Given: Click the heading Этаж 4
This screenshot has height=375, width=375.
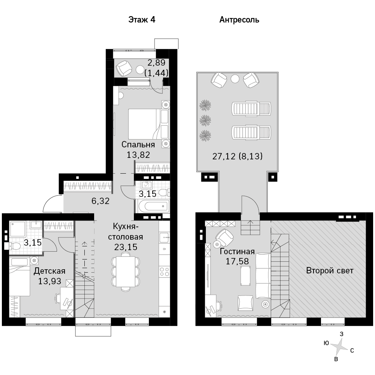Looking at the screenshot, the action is (142, 19).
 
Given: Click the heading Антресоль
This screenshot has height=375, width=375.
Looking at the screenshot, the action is (239, 19).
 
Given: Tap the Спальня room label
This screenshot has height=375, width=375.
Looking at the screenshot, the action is (138, 144).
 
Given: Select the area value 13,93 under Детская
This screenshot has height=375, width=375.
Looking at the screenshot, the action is (50, 281).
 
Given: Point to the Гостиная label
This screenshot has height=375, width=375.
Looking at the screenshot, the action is (237, 251).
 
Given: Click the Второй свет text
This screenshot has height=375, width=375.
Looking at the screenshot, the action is (330, 270).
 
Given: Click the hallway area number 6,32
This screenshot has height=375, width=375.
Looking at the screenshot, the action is (100, 201).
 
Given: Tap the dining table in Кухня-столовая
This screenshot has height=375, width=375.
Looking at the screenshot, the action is (126, 271).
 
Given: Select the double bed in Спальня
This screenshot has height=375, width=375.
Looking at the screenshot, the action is (142, 124).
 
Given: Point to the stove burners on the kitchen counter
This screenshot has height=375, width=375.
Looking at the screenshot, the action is (165, 271).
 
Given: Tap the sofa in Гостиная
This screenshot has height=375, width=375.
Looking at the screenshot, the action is (263, 276).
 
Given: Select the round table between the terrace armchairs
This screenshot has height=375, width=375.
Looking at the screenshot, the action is (235, 78).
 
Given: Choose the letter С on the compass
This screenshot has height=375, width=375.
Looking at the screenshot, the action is (352, 351).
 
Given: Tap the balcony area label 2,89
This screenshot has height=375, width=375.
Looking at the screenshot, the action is (156, 63).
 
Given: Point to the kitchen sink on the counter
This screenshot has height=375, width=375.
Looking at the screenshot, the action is (165, 238).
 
